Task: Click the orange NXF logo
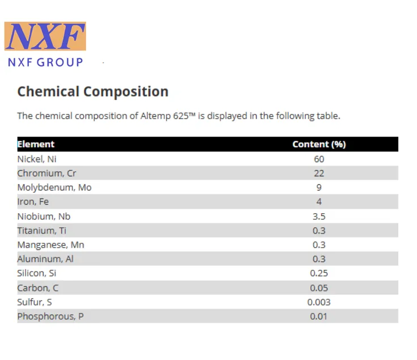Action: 45,36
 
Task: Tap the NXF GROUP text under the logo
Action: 45,62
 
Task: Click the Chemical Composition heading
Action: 93,91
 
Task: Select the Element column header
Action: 36,144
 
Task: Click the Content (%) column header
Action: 319,144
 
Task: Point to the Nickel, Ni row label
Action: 37,159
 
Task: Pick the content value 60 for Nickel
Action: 319,159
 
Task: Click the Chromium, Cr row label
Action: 47,173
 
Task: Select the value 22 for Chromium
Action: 319,173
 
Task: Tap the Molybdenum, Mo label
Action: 54,188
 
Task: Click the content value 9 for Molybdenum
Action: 319,188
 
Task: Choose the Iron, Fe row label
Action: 33,202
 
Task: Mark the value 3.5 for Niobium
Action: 319,217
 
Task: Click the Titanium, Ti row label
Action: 42,230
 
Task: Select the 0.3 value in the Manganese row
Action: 319,245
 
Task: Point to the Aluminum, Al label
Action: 45,259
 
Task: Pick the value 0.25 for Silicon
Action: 319,273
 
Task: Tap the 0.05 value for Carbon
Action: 319,288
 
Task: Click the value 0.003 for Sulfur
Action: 319,302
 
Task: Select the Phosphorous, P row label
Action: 50,316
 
